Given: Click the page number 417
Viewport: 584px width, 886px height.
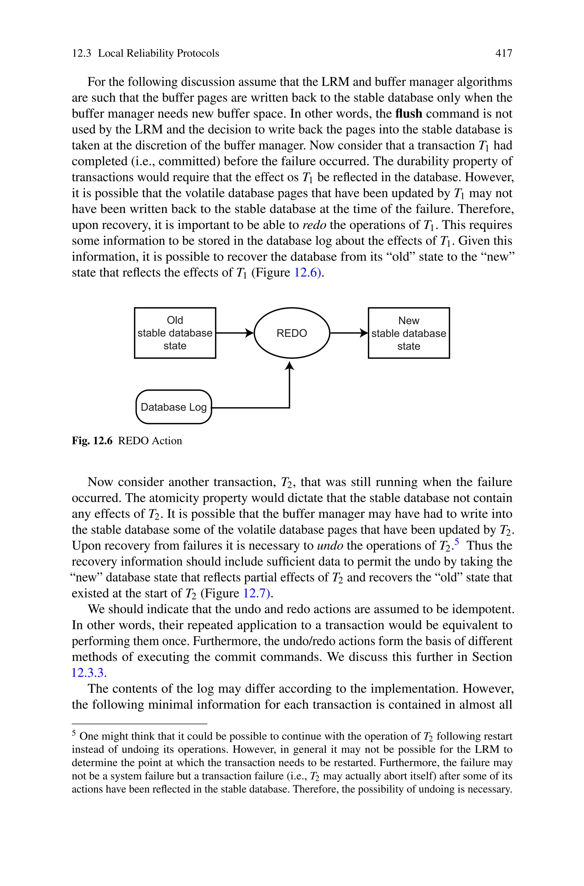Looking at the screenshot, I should (504, 53).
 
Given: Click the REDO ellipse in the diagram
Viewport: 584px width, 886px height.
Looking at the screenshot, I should (292, 333).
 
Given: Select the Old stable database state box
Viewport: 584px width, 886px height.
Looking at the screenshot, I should (175, 333).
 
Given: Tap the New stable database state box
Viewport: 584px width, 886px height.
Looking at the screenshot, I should (409, 333).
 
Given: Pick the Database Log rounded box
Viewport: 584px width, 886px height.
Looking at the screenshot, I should (174, 407).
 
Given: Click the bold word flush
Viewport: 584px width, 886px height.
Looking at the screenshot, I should (409, 113).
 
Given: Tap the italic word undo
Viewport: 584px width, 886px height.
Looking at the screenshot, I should (330, 546).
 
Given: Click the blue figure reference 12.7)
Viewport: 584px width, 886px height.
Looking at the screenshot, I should (257, 593).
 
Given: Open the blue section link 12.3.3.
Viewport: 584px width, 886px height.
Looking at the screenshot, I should (89, 673).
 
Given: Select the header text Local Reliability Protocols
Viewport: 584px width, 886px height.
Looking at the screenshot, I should (158, 53).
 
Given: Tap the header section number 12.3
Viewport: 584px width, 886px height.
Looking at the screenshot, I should (81, 53).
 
